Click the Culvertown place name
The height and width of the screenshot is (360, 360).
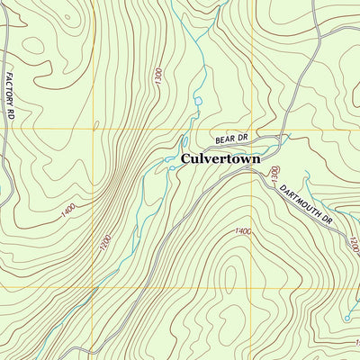coord(220,159)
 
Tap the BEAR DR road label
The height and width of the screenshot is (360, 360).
coord(229,139)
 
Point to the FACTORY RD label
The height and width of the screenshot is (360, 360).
coord(11,97)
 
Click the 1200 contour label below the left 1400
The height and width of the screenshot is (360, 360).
coord(104,243)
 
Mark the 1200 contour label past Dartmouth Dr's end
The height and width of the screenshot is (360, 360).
coord(353,245)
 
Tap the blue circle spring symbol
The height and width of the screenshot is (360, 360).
coord(346,318)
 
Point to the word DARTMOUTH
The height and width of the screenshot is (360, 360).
coord(297,198)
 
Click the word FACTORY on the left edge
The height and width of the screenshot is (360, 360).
coord(11,90)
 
